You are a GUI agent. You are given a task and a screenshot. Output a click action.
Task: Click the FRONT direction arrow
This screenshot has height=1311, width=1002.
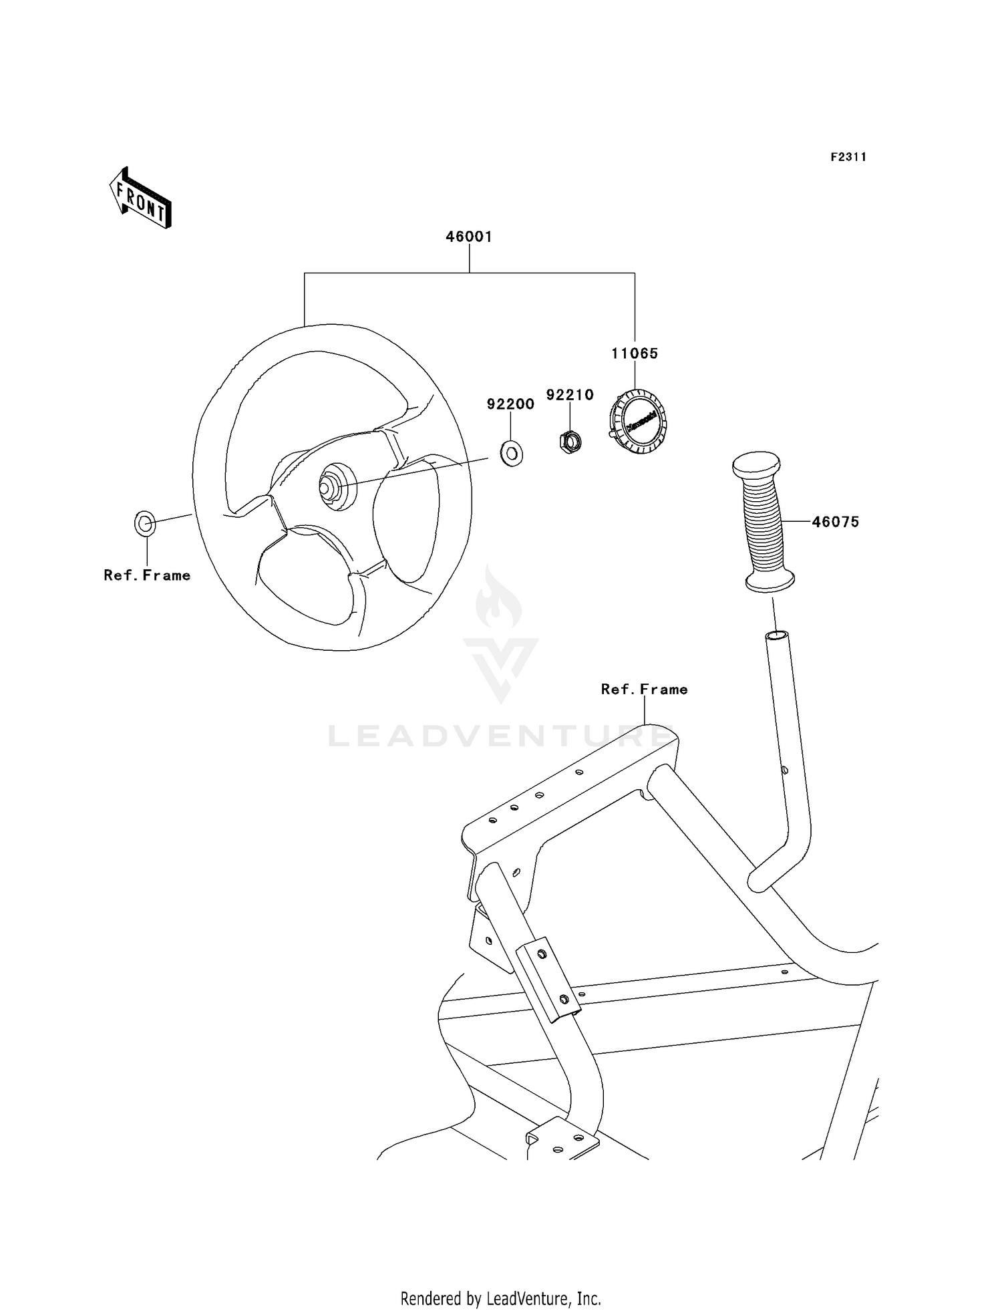(x=141, y=198)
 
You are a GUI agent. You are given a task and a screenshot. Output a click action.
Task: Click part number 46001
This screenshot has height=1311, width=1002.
(x=469, y=237)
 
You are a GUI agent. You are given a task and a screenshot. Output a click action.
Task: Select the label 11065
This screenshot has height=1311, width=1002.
(x=634, y=353)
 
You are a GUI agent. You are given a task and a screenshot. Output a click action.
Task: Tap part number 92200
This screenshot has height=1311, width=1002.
(x=510, y=404)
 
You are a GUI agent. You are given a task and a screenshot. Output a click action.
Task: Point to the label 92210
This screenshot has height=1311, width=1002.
(x=570, y=395)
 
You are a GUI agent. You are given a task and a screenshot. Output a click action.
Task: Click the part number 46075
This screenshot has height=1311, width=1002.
(x=835, y=522)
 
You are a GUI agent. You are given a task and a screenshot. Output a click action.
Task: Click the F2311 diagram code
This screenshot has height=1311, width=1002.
(x=848, y=157)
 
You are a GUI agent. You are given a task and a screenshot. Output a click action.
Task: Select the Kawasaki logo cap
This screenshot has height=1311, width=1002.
(x=639, y=422)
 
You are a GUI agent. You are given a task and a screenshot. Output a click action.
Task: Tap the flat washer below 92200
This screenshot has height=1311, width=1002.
(x=512, y=454)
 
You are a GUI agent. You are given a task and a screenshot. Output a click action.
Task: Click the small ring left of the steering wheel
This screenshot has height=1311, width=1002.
(x=145, y=523)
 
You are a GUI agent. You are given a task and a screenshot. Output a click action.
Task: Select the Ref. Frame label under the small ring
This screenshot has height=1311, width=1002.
(x=147, y=575)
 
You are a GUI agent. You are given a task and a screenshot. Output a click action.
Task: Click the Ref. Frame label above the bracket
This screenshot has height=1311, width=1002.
(x=644, y=689)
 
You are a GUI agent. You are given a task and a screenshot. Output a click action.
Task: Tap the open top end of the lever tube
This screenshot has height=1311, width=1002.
(x=776, y=635)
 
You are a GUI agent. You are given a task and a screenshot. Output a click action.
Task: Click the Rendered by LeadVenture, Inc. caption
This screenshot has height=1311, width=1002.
(x=500, y=1298)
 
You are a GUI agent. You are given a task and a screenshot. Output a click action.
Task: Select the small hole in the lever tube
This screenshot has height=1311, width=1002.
(x=786, y=770)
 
